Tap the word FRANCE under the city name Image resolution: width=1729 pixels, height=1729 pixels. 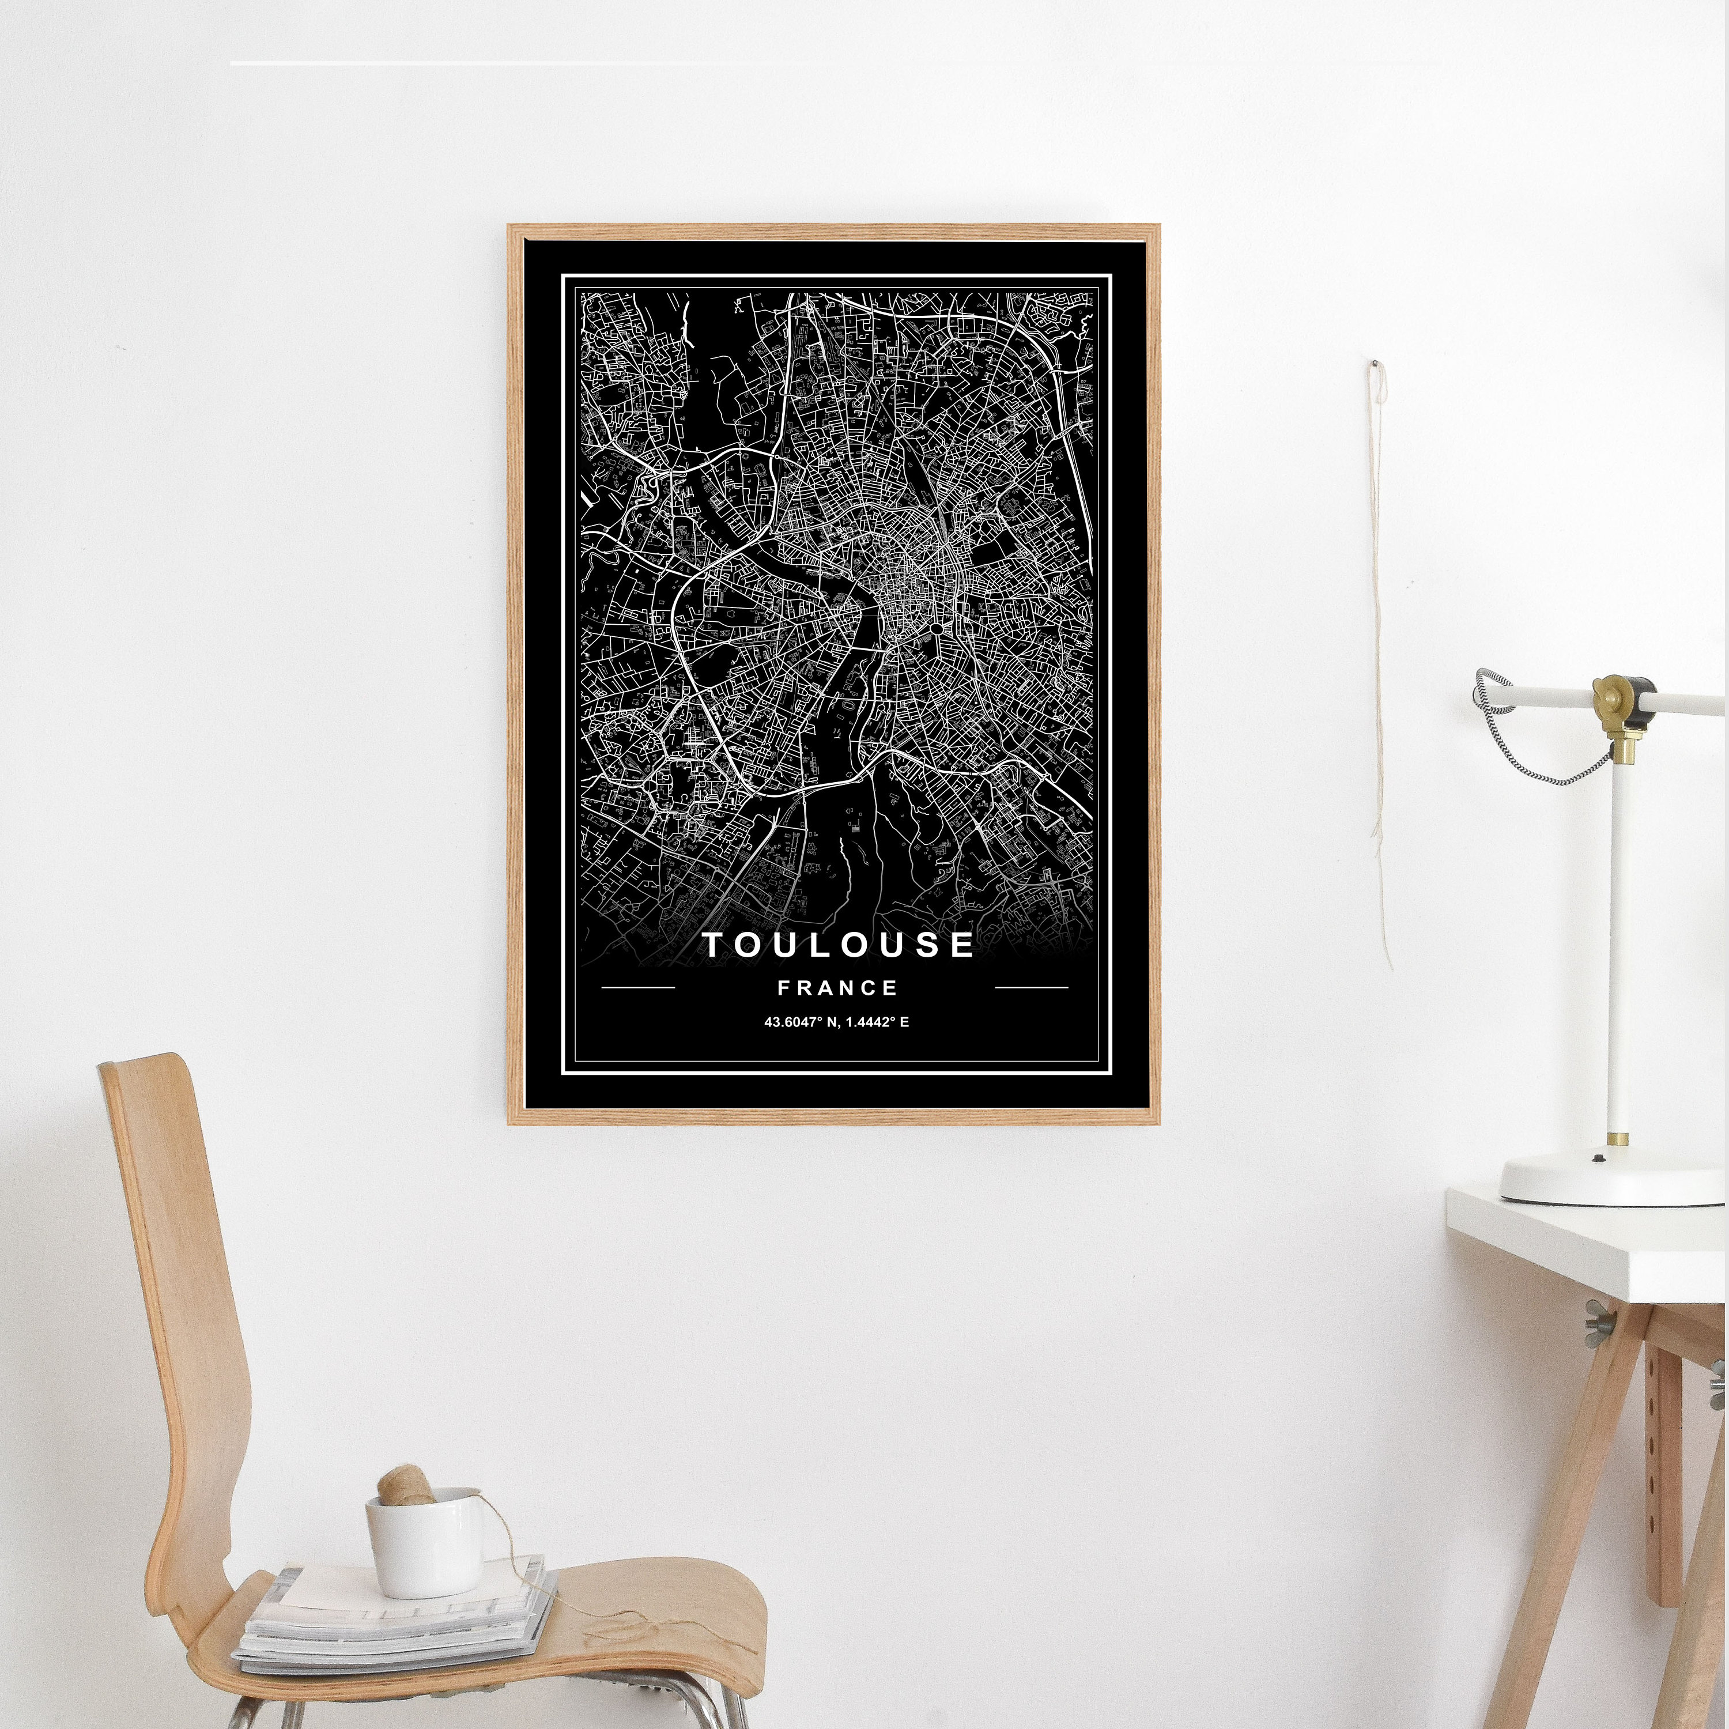coord(837,988)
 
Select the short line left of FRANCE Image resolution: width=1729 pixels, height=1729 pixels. coord(638,988)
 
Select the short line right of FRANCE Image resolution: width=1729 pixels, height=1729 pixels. coord(1031,988)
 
